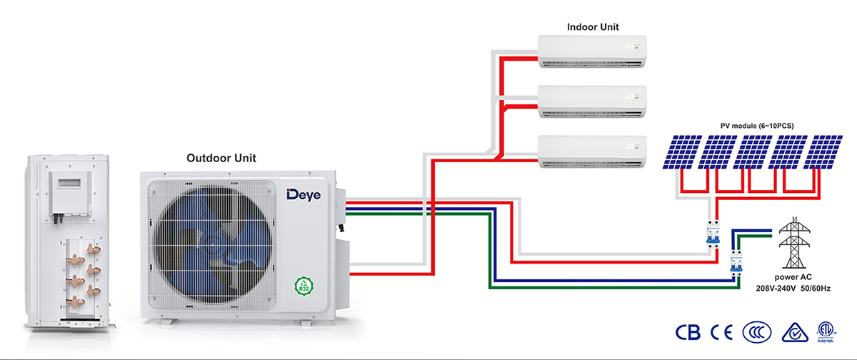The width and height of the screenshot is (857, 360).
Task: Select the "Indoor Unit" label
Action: pos(593,27)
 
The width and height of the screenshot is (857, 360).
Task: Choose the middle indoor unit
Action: pos(592,102)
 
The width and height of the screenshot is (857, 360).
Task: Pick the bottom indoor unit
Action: pos(592,152)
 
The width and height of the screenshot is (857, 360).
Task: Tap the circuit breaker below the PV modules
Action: pos(713,234)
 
